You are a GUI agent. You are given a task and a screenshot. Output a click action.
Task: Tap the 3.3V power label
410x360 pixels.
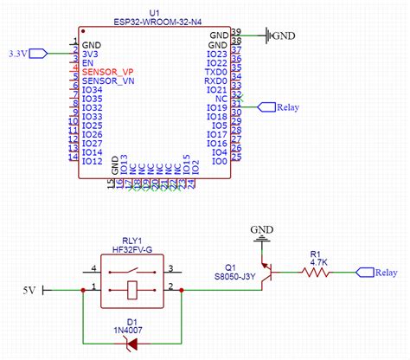click(x=18, y=53)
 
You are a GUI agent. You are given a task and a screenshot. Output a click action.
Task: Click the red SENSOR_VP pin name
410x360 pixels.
click(x=108, y=71)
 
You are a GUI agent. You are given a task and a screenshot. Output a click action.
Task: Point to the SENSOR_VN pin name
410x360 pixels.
click(x=108, y=80)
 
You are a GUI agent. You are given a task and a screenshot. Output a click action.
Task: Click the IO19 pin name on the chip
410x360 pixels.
click(x=217, y=107)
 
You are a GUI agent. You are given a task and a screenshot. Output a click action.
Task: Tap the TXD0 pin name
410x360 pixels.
click(x=215, y=71)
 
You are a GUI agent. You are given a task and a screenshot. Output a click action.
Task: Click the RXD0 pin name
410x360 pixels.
click(x=215, y=80)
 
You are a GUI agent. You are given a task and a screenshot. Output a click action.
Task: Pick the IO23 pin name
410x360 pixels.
click(x=217, y=53)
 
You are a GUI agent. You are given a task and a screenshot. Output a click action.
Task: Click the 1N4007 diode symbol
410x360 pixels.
click(x=131, y=344)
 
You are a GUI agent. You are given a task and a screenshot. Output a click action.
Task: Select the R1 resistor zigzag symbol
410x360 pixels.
click(x=314, y=272)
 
